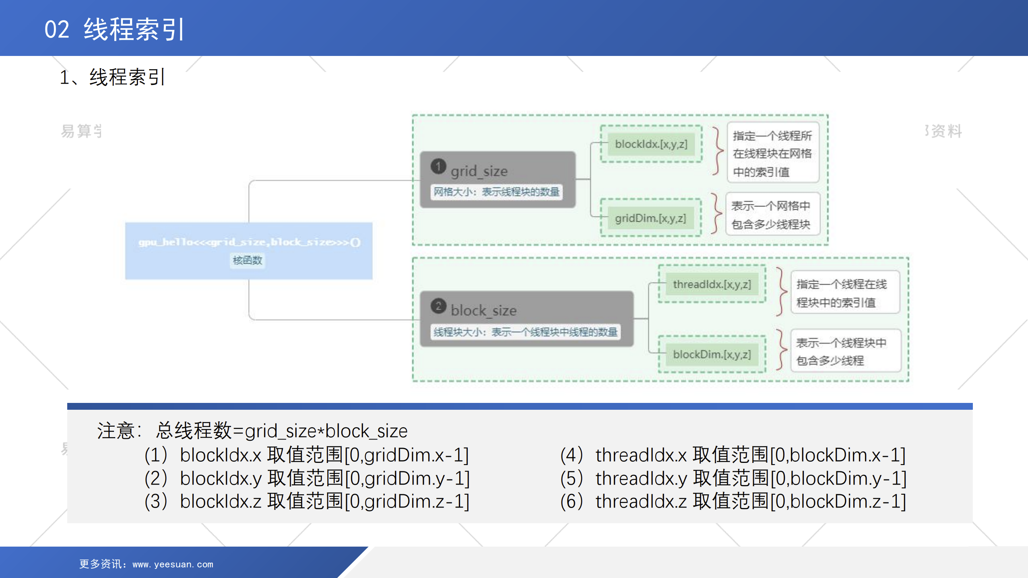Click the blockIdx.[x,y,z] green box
click(651, 144)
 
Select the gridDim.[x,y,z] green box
click(650, 218)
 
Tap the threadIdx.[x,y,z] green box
click(712, 284)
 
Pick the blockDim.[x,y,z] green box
click(712, 354)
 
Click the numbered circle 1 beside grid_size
click(438, 166)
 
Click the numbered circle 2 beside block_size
click(438, 306)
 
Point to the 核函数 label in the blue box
click(248, 260)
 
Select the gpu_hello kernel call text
click(249, 242)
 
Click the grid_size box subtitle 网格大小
click(497, 192)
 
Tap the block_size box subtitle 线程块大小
click(525, 332)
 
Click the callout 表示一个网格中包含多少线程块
click(771, 215)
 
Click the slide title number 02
click(57, 29)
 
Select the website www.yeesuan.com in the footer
click(173, 564)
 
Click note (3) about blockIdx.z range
click(307, 502)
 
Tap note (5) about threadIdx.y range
click(733, 478)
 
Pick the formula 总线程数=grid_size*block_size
click(282, 431)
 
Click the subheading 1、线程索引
click(112, 77)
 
